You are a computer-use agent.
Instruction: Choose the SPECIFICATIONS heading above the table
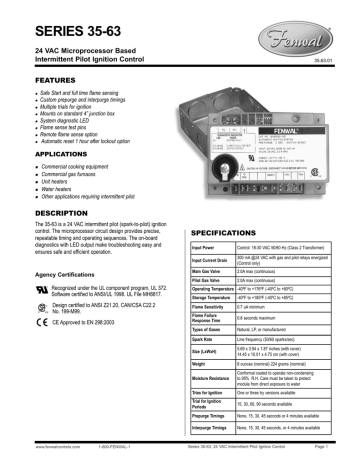(236, 230)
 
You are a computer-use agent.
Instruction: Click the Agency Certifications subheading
(58, 301)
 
